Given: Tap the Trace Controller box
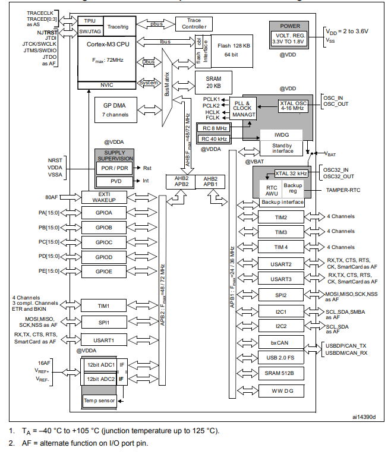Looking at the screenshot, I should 194,24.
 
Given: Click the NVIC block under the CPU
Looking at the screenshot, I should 107,84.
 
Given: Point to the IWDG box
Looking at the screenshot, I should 282,135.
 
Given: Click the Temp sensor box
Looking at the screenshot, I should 100,401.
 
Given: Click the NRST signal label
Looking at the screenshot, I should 55,161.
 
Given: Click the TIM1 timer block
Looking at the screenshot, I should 103,305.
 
